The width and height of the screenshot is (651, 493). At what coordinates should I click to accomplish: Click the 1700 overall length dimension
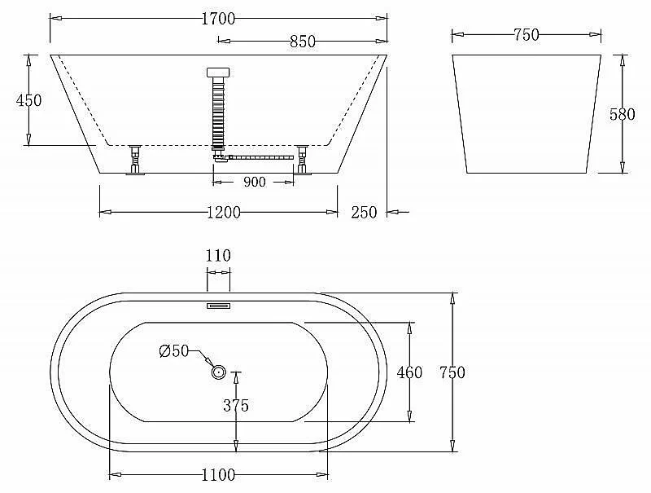[x=218, y=19]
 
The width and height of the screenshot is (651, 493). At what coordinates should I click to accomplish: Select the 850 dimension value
[x=303, y=42]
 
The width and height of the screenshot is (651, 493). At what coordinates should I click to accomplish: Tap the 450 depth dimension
[x=28, y=100]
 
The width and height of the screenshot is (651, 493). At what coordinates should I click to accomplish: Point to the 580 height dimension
[x=623, y=114]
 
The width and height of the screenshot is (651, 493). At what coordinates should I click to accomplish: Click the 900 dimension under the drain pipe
[x=254, y=182]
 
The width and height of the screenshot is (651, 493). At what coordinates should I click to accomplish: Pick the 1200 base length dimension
[x=224, y=213]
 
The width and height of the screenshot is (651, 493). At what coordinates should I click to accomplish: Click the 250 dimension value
[x=364, y=213]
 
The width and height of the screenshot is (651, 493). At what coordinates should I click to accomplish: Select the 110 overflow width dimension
[x=218, y=255]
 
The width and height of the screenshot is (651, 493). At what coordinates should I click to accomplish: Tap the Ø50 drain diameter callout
[x=174, y=351]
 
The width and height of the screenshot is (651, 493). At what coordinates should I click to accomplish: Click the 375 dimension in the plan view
[x=236, y=405]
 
